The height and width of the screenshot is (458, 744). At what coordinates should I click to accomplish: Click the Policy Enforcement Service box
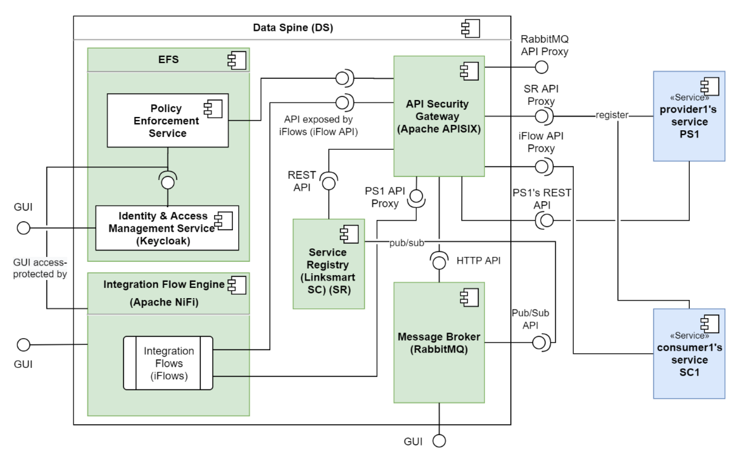167,120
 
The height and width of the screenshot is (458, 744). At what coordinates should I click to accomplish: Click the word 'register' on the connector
612,115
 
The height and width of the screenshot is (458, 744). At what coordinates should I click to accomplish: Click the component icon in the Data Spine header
471,28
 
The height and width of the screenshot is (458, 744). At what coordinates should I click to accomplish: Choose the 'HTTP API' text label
478,261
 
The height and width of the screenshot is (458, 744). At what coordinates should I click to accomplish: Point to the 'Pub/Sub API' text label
530,319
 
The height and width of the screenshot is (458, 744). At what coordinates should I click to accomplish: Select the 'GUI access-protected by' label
40,268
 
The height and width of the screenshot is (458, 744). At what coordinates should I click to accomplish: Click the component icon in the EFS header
237,60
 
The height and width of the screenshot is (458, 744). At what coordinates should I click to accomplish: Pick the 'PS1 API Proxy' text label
385,197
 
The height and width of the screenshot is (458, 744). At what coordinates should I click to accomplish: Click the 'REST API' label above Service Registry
302,181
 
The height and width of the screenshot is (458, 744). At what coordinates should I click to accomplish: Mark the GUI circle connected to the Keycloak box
23,228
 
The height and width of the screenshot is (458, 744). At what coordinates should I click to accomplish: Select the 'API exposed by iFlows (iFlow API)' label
318,125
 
